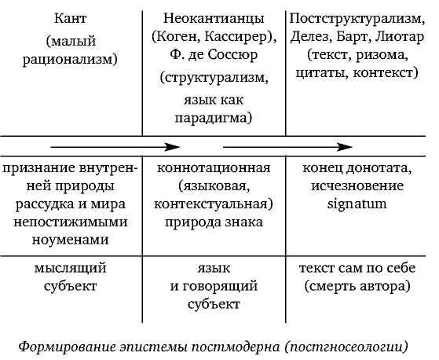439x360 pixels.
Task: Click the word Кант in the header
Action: [70, 19]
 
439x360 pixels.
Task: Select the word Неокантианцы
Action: [214, 19]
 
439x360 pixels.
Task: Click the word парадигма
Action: [210, 118]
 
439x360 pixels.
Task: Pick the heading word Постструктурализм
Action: [355, 19]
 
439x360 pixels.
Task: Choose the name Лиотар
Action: [400, 37]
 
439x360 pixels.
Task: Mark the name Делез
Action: [306, 37]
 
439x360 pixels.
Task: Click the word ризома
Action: [380, 55]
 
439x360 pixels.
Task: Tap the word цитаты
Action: [321, 73]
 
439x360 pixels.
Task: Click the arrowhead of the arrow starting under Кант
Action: [172, 147]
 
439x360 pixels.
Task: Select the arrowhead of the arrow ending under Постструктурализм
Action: [345, 147]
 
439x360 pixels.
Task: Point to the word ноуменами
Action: [70, 240]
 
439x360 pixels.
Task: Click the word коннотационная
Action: [214, 168]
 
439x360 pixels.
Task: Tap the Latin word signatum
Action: [357, 204]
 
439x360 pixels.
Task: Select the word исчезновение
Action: [357, 186]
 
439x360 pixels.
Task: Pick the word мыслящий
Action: [70, 268]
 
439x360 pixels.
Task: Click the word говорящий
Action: [220, 286]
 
